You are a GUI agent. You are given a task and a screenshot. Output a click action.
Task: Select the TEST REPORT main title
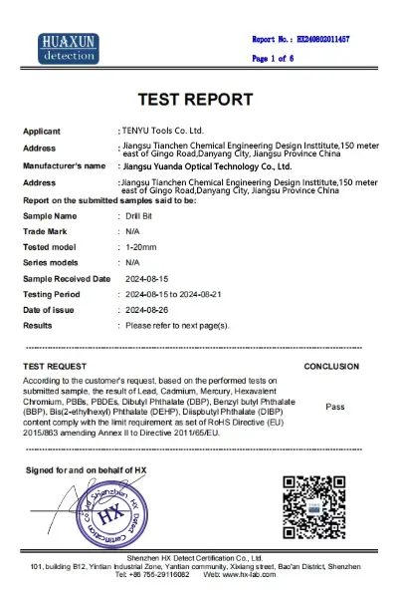[197, 101]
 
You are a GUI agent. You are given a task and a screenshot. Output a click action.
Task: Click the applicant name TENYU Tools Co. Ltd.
[164, 131]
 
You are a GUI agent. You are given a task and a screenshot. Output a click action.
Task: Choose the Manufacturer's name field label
[64, 165]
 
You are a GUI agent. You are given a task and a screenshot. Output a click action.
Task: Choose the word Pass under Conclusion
[334, 406]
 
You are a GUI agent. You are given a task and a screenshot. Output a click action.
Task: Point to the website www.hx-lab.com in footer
[238, 575]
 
